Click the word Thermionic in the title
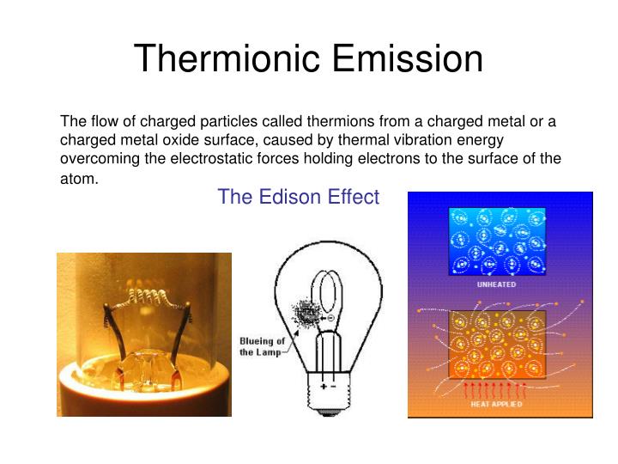[x=225, y=58]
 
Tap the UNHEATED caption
[x=496, y=284]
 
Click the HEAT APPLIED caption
[x=498, y=404]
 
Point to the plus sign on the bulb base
[x=325, y=387]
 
